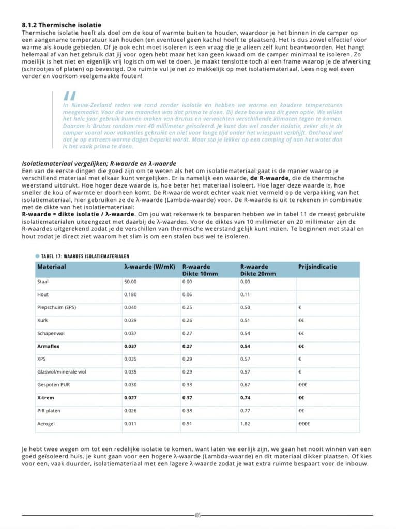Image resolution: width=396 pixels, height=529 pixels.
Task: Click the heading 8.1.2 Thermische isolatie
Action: (x=62, y=25)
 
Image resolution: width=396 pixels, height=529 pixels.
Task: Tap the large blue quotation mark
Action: (x=69, y=97)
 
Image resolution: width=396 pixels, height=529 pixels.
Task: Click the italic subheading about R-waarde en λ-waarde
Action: (x=99, y=164)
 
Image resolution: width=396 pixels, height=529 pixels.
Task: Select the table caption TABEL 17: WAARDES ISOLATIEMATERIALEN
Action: (x=85, y=256)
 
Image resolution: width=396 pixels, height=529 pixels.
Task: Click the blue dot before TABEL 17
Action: (x=37, y=256)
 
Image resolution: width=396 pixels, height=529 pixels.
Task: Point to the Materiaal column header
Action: (x=52, y=267)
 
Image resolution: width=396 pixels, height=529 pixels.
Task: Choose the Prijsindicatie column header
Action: (x=317, y=267)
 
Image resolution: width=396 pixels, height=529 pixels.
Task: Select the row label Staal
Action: (x=43, y=282)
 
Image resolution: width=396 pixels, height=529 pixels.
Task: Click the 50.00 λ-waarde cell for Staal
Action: (x=130, y=282)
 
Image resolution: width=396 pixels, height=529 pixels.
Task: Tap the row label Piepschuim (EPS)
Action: (x=57, y=307)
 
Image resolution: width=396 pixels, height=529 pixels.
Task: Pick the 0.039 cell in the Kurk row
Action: (x=130, y=320)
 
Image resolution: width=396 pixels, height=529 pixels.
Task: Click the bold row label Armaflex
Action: (x=49, y=346)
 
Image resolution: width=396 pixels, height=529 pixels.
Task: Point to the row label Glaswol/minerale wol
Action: (x=62, y=372)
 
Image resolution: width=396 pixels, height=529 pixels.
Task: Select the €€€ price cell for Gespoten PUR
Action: (x=303, y=385)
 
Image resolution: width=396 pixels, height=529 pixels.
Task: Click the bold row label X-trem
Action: (x=46, y=398)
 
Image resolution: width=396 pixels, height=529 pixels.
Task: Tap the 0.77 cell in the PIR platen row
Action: (x=246, y=411)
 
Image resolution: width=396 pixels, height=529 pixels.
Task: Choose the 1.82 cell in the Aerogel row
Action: (x=245, y=424)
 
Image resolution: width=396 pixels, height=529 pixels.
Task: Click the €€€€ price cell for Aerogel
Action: (x=304, y=424)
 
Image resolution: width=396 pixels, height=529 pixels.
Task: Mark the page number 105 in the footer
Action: (x=197, y=515)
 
